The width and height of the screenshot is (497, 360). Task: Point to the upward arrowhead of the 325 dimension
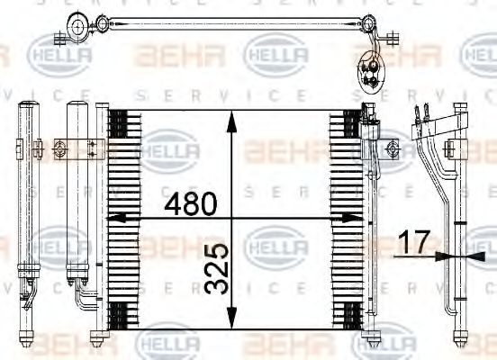point(231,117)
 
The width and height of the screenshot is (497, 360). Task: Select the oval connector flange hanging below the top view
point(370,67)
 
